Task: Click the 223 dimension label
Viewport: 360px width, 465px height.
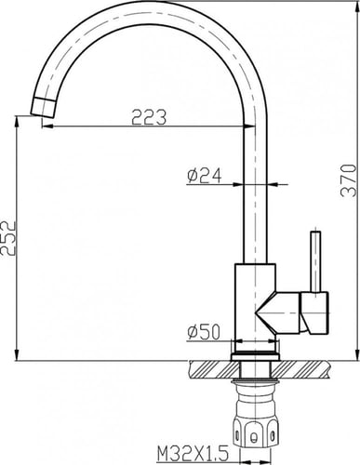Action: (149, 117)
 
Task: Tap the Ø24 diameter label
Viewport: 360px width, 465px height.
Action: (205, 176)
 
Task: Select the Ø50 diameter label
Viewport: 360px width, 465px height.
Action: (203, 332)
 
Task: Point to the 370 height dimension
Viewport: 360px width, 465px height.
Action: (348, 180)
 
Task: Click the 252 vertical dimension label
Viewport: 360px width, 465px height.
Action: (8, 238)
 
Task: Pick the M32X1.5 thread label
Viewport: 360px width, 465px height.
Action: (193, 454)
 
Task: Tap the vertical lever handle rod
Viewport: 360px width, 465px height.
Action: (315, 261)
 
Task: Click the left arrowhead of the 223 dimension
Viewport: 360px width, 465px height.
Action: (47, 126)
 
